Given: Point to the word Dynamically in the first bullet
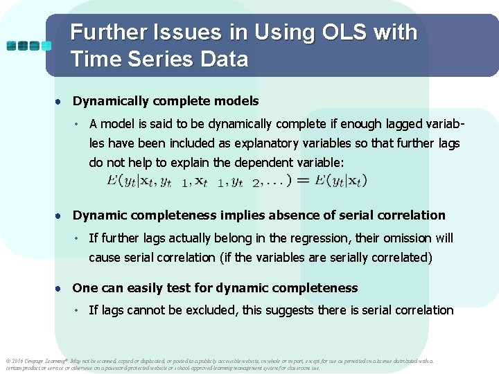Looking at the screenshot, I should pos(113,101).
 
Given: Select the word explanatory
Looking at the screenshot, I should pos(247,143).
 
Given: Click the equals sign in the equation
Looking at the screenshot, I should pos(302,181).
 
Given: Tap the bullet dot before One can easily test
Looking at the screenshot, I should pos(61,288).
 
